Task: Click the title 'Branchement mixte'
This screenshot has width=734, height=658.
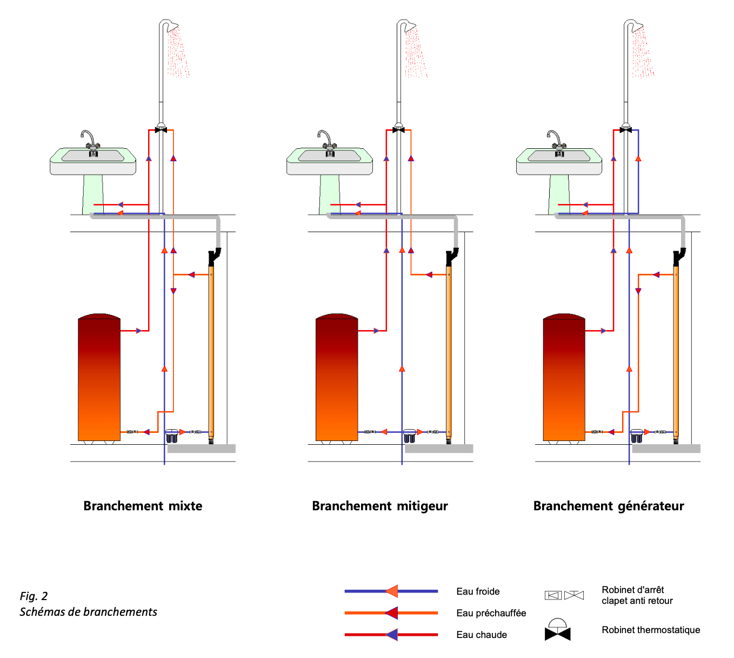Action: pos(143,506)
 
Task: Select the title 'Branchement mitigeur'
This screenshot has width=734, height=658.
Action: pos(379,506)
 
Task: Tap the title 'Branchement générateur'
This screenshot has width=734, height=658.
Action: pos(608,506)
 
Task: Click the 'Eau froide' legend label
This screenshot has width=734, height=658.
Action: pos(478,591)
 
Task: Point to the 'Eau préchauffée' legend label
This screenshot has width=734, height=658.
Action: pos(491,613)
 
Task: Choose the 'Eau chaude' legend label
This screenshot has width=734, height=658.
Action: pos(482,635)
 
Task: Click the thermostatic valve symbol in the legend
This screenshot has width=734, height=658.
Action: pos(557,630)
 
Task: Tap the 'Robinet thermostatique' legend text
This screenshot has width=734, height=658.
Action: pos(651,630)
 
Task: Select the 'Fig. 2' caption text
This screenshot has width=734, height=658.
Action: pos(34,596)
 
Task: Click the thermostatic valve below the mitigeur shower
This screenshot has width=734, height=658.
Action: pos(398,130)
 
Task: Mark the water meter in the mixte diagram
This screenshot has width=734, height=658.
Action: pos(171,435)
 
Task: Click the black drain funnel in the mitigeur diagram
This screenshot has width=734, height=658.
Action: pos(451,256)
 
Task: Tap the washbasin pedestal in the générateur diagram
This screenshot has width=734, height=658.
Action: pos(559,195)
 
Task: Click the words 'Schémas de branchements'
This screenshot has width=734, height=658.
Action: pos(88,612)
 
